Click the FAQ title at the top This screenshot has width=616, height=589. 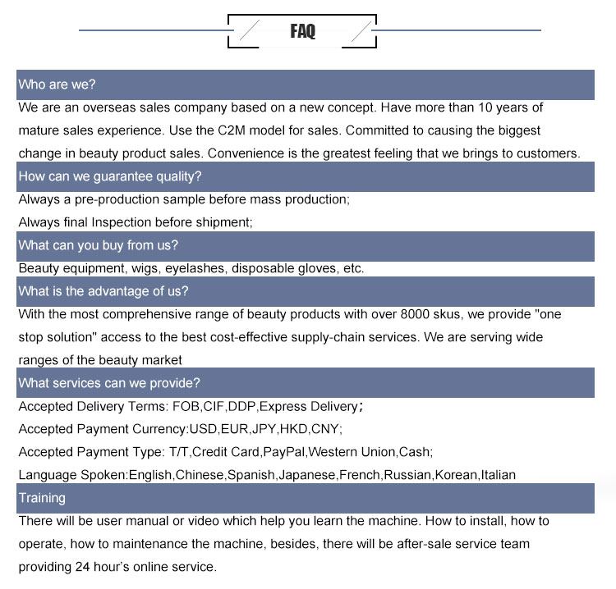(302, 32)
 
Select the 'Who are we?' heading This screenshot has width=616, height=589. (57, 84)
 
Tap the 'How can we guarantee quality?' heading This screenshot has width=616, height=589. (110, 176)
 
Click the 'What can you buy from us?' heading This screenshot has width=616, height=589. (99, 245)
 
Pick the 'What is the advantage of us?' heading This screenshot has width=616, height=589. (103, 291)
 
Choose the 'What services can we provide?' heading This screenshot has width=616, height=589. (109, 383)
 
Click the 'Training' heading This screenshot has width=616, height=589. (42, 498)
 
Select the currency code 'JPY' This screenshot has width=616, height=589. (263, 429)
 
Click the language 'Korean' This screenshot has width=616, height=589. (455, 475)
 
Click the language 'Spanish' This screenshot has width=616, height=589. (251, 475)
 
